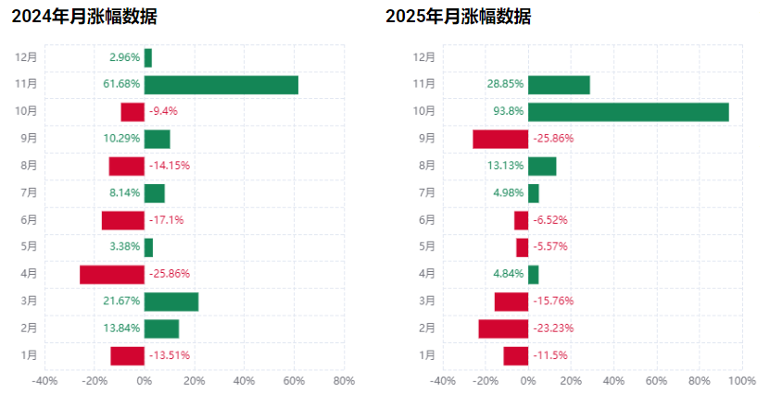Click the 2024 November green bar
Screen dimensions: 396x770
pos(221,84)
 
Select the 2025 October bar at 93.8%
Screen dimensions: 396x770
pos(628,112)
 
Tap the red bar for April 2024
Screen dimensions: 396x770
pos(112,275)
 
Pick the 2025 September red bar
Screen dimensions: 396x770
pos(500,139)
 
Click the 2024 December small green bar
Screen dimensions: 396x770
pos(148,57)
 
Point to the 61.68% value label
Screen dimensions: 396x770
pos(121,84)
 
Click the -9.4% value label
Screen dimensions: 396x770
pos(163,112)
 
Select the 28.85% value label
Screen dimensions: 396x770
pos(505,84)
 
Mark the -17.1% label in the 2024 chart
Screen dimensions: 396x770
pos(166,220)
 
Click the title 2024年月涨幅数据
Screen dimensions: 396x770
pos(84,17)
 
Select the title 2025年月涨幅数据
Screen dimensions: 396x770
pos(458,17)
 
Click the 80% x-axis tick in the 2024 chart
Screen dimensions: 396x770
pos(344,380)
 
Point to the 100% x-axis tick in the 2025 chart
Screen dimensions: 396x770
pos(741,380)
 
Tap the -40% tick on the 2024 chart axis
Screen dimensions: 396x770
pos(44,380)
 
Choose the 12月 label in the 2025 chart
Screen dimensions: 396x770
pos(424,57)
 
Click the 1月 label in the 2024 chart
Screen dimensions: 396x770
pos(29,355)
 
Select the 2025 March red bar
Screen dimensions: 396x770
pos(511,302)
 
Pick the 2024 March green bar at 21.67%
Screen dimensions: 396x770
pos(171,302)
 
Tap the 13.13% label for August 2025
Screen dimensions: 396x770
pos(505,167)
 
